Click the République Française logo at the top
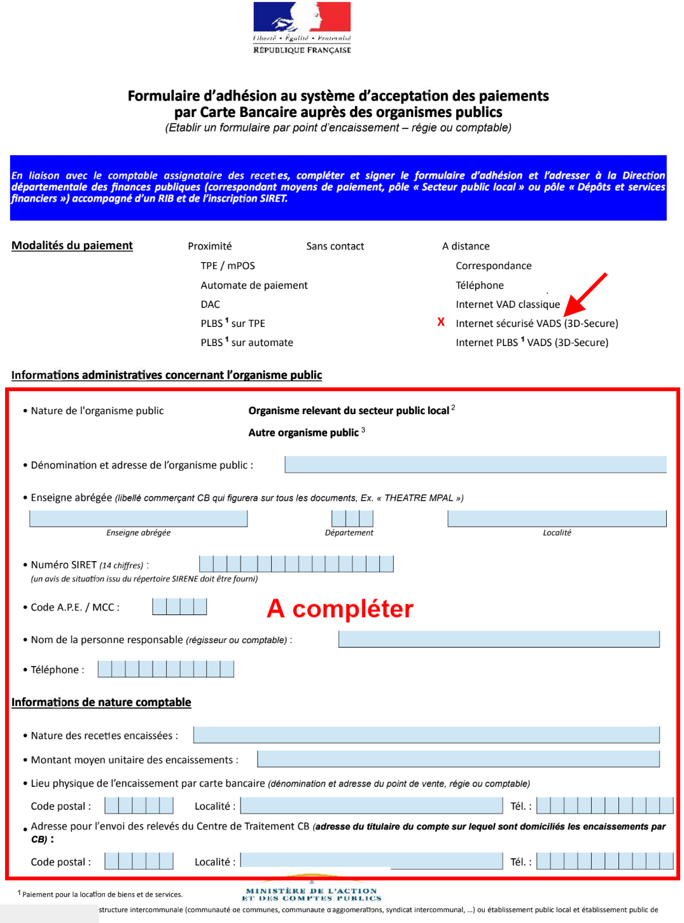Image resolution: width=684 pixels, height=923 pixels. (x=302, y=28)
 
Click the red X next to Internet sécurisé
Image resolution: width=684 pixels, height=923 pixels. (x=441, y=322)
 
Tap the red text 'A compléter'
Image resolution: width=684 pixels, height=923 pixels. (x=340, y=609)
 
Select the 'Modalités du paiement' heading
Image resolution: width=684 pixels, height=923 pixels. (x=72, y=246)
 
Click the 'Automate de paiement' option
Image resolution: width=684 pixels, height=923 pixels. (x=254, y=286)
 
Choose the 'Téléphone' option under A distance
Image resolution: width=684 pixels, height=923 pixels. (x=479, y=286)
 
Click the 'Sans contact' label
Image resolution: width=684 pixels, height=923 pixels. (x=335, y=246)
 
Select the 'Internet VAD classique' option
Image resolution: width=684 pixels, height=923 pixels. (x=507, y=305)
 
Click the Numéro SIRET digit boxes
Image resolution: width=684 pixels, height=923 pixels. (x=296, y=564)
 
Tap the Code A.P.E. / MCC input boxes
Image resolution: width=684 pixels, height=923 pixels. (x=179, y=606)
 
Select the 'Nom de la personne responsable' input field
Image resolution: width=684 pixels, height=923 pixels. (x=498, y=639)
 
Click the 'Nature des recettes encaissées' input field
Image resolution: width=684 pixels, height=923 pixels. (x=426, y=735)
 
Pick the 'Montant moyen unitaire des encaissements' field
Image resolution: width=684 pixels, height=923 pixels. (x=457, y=759)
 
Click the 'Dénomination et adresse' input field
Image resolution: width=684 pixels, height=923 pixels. (x=475, y=464)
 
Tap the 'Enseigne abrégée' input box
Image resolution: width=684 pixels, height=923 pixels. (x=138, y=518)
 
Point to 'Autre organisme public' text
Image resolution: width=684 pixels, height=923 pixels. (x=304, y=433)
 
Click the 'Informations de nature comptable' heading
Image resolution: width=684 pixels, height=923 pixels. (x=101, y=702)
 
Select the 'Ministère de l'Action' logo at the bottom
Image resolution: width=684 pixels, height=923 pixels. (x=311, y=893)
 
